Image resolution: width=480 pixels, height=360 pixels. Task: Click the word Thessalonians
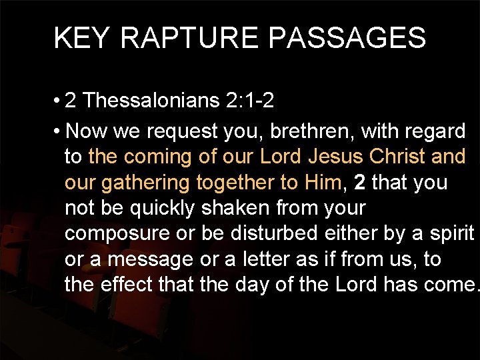click(x=152, y=101)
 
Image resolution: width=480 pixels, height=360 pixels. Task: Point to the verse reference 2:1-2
click(x=250, y=101)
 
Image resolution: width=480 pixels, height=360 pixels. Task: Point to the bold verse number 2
click(x=361, y=182)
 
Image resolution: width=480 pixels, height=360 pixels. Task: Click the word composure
click(x=122, y=234)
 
